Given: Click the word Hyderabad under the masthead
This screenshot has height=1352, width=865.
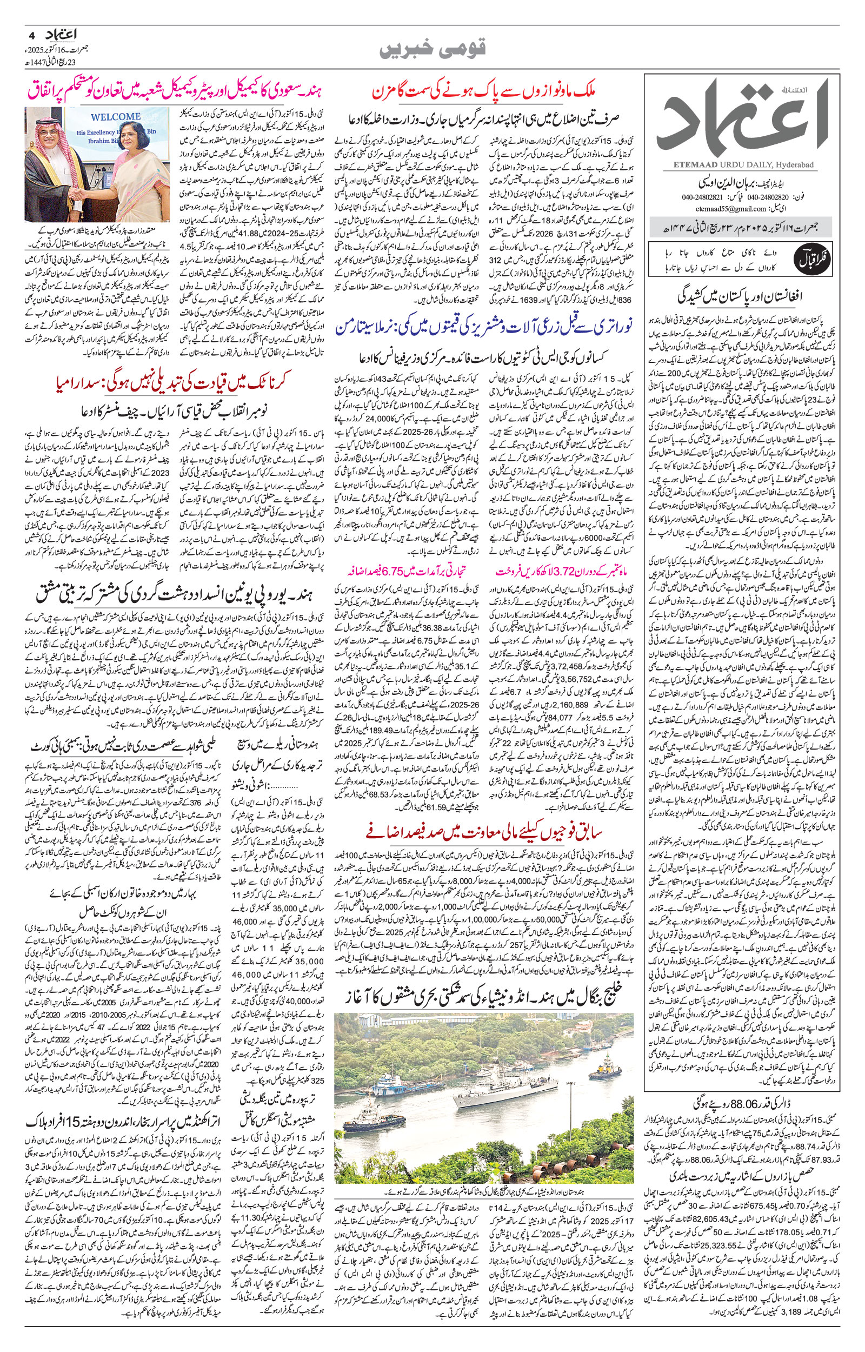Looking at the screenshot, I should click(797, 164).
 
